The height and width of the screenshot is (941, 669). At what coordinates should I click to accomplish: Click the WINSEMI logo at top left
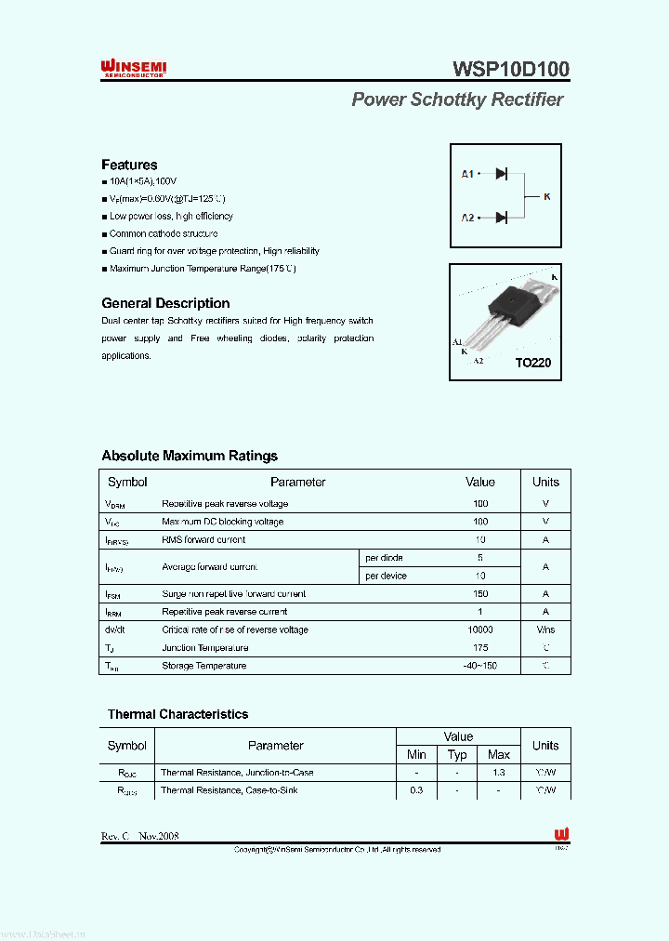[133, 69]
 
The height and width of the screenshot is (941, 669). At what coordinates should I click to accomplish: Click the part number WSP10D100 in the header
[511, 69]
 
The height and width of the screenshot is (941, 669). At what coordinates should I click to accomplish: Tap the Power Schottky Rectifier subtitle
[457, 99]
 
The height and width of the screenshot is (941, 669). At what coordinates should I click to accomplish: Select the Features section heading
[129, 165]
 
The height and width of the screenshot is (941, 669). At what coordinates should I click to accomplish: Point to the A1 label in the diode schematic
[467, 174]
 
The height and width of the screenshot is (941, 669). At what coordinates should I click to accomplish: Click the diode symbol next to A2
[501, 218]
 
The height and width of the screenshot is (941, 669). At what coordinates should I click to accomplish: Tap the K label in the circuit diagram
[546, 196]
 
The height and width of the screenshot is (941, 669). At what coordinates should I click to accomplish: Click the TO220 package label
[533, 363]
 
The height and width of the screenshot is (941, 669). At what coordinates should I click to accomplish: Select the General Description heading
[165, 303]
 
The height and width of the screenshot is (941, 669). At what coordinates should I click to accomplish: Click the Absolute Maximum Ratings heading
[190, 456]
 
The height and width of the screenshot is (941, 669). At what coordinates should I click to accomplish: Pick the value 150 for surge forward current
[480, 593]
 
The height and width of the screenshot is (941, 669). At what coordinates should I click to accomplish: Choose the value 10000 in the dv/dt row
[480, 630]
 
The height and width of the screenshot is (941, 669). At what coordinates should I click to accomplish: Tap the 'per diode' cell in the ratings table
[384, 558]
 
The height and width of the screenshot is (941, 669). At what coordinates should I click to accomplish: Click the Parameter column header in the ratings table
[297, 482]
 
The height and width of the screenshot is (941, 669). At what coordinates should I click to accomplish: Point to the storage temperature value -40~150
[480, 666]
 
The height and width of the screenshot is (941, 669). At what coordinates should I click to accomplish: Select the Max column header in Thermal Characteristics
[499, 754]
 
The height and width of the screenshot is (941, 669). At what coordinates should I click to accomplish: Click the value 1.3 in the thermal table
[499, 773]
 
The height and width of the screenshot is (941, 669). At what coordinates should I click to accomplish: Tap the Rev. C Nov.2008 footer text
[139, 836]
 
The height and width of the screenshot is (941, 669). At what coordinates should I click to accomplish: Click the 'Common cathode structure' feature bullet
[164, 234]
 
